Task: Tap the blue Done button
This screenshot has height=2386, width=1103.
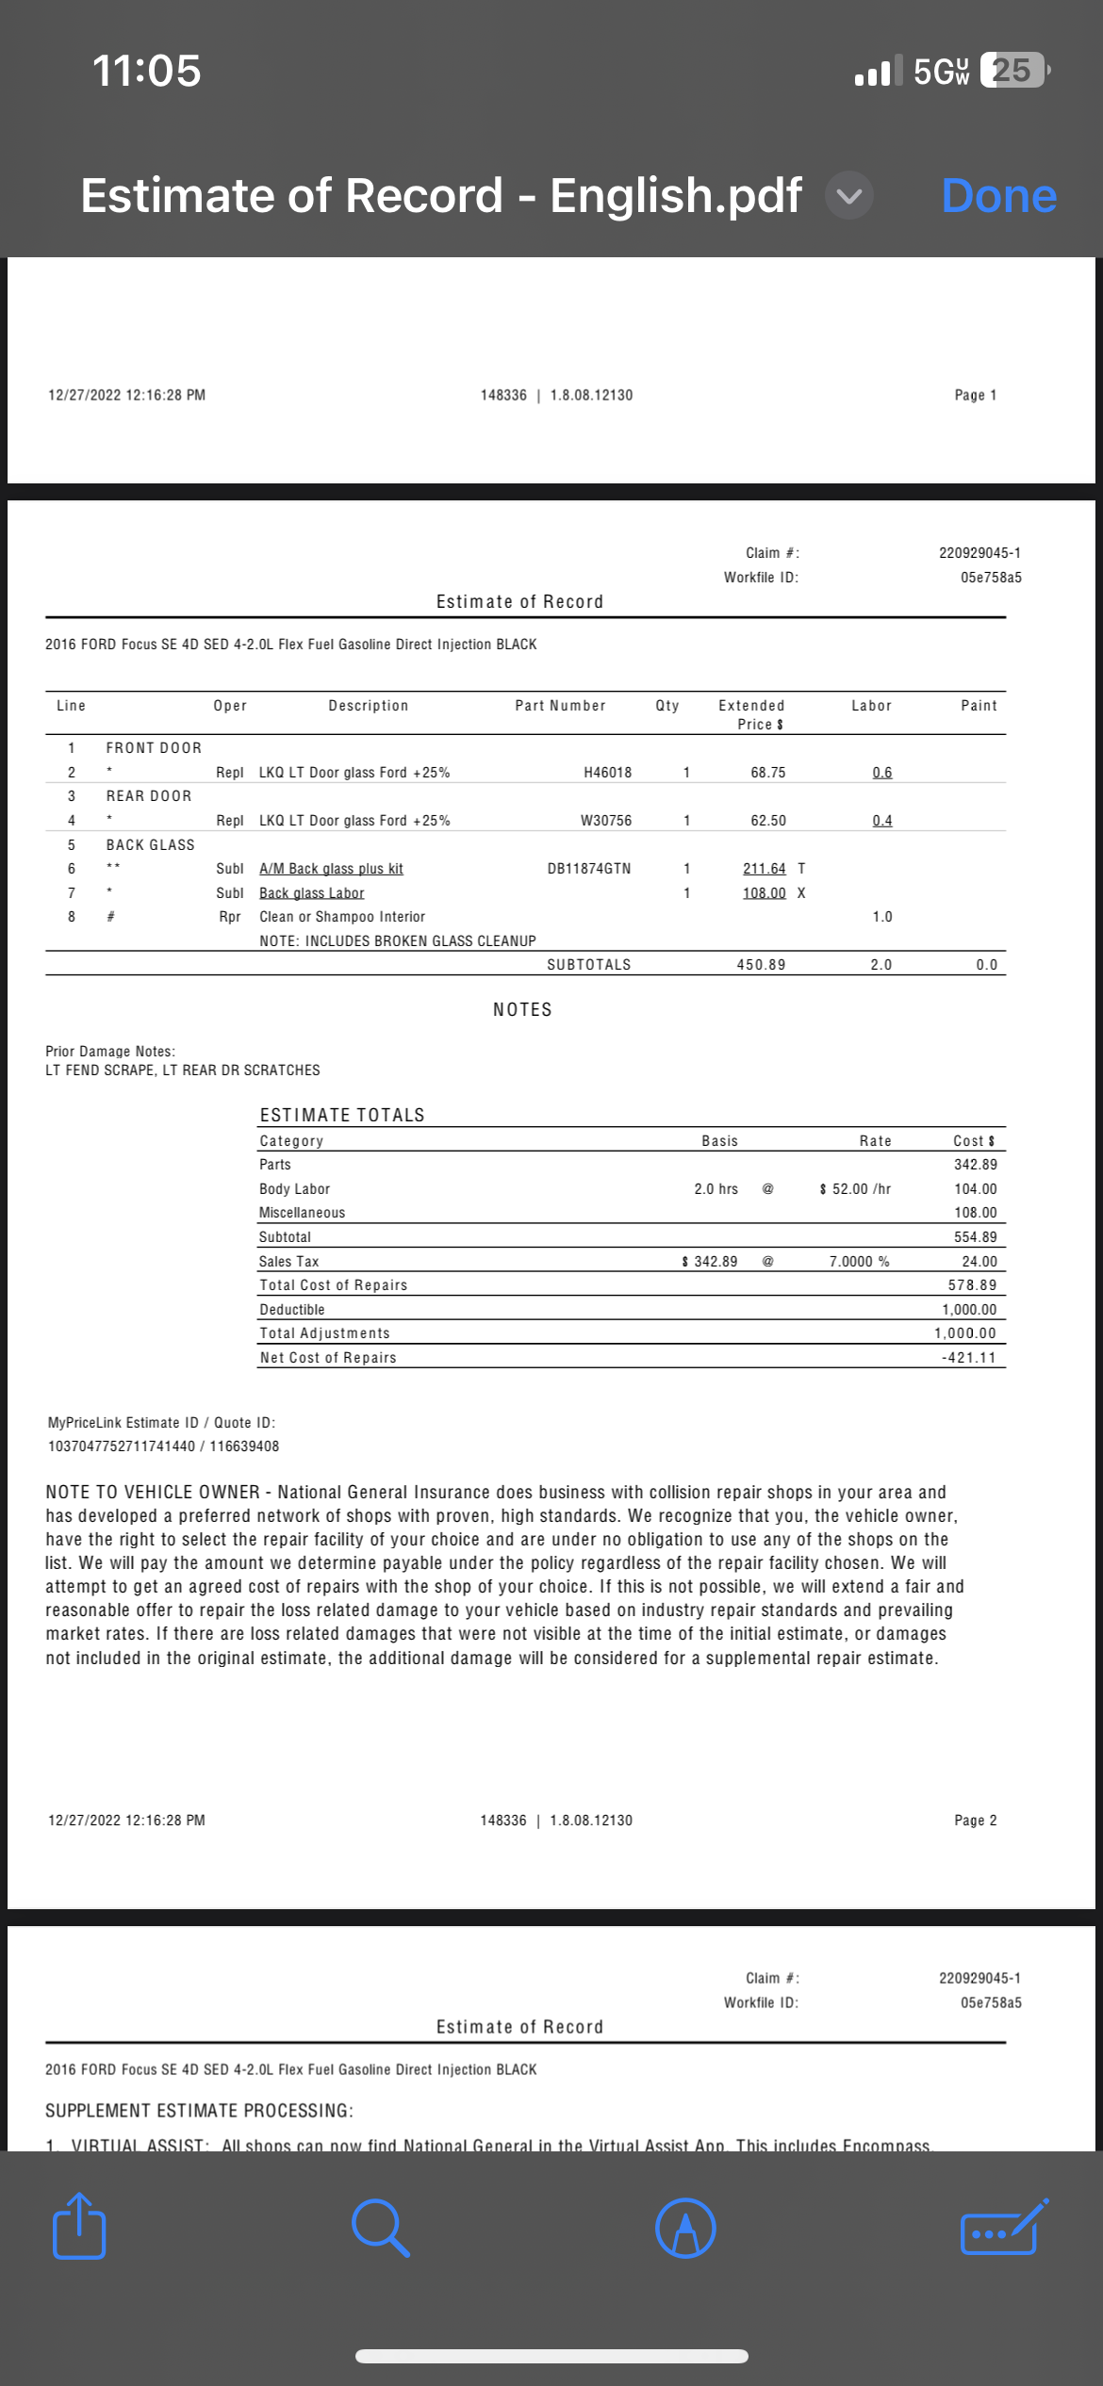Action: tap(998, 196)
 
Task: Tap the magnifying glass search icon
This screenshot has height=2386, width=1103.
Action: tap(380, 2228)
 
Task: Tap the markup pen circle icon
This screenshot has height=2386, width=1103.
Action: tap(685, 2228)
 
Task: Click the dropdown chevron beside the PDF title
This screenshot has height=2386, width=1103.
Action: tap(849, 196)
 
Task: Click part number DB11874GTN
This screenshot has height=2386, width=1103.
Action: tap(589, 869)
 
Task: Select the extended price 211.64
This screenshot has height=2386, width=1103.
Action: tap(764, 869)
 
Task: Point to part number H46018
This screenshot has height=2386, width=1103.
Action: tap(608, 773)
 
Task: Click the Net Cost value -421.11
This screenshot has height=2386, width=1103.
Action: tap(968, 1358)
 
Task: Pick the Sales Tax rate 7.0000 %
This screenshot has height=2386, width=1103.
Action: tap(859, 1262)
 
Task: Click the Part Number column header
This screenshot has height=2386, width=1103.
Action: tap(560, 706)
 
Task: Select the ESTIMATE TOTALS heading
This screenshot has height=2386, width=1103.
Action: tap(342, 1115)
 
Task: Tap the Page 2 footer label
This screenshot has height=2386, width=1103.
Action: tap(975, 1821)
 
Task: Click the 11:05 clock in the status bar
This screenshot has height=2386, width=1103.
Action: tap(147, 71)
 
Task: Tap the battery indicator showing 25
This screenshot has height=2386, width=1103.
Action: tap(1013, 71)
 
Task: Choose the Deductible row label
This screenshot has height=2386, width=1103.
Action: tap(292, 1310)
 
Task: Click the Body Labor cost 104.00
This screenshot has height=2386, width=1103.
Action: tap(975, 1189)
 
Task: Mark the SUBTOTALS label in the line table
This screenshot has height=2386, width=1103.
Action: tap(589, 965)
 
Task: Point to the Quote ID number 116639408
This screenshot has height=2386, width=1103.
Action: tap(244, 1446)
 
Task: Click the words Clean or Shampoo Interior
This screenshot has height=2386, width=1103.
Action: tap(342, 917)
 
